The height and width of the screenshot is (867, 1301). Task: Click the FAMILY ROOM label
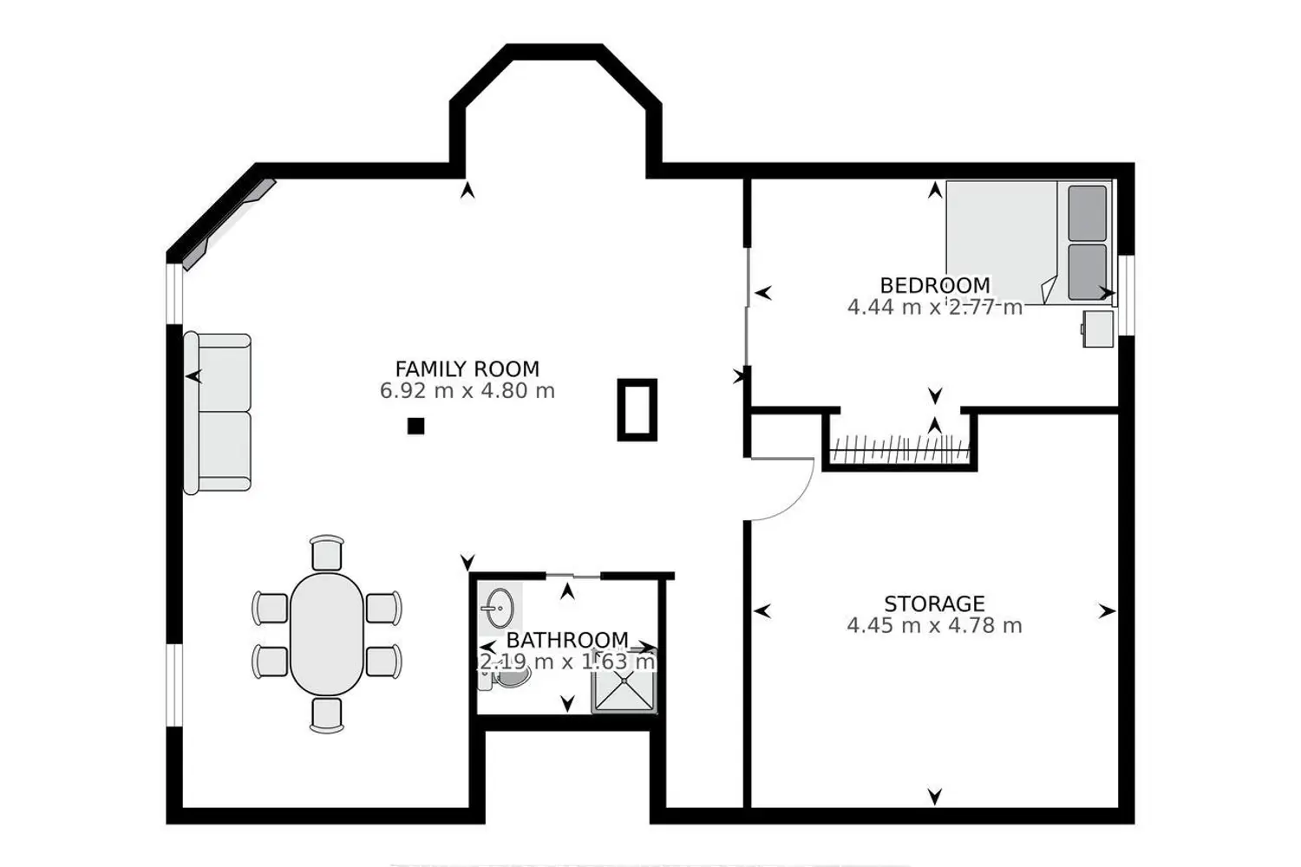467,369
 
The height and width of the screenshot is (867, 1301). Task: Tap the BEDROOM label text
934,286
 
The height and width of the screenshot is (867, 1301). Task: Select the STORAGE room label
934,604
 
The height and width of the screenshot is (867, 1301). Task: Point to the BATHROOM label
567,640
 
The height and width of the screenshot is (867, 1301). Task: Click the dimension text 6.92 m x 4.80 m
467,391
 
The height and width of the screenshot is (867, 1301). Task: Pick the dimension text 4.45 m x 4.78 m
934,625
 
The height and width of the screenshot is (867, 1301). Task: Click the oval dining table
327,634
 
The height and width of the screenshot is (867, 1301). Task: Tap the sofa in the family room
218,414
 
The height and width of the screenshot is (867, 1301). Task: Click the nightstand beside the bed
1097,329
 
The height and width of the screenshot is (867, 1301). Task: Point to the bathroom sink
499,609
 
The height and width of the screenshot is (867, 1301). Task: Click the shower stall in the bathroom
624,680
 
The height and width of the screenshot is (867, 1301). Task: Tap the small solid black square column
415,427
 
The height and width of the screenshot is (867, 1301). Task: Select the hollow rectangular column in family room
637,409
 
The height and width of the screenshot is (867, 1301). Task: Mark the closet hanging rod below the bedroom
899,449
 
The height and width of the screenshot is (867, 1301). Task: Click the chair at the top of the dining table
327,553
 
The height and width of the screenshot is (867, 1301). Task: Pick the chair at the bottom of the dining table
327,715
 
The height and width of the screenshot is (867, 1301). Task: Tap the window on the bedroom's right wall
1126,295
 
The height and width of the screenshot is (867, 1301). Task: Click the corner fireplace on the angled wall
229,225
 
